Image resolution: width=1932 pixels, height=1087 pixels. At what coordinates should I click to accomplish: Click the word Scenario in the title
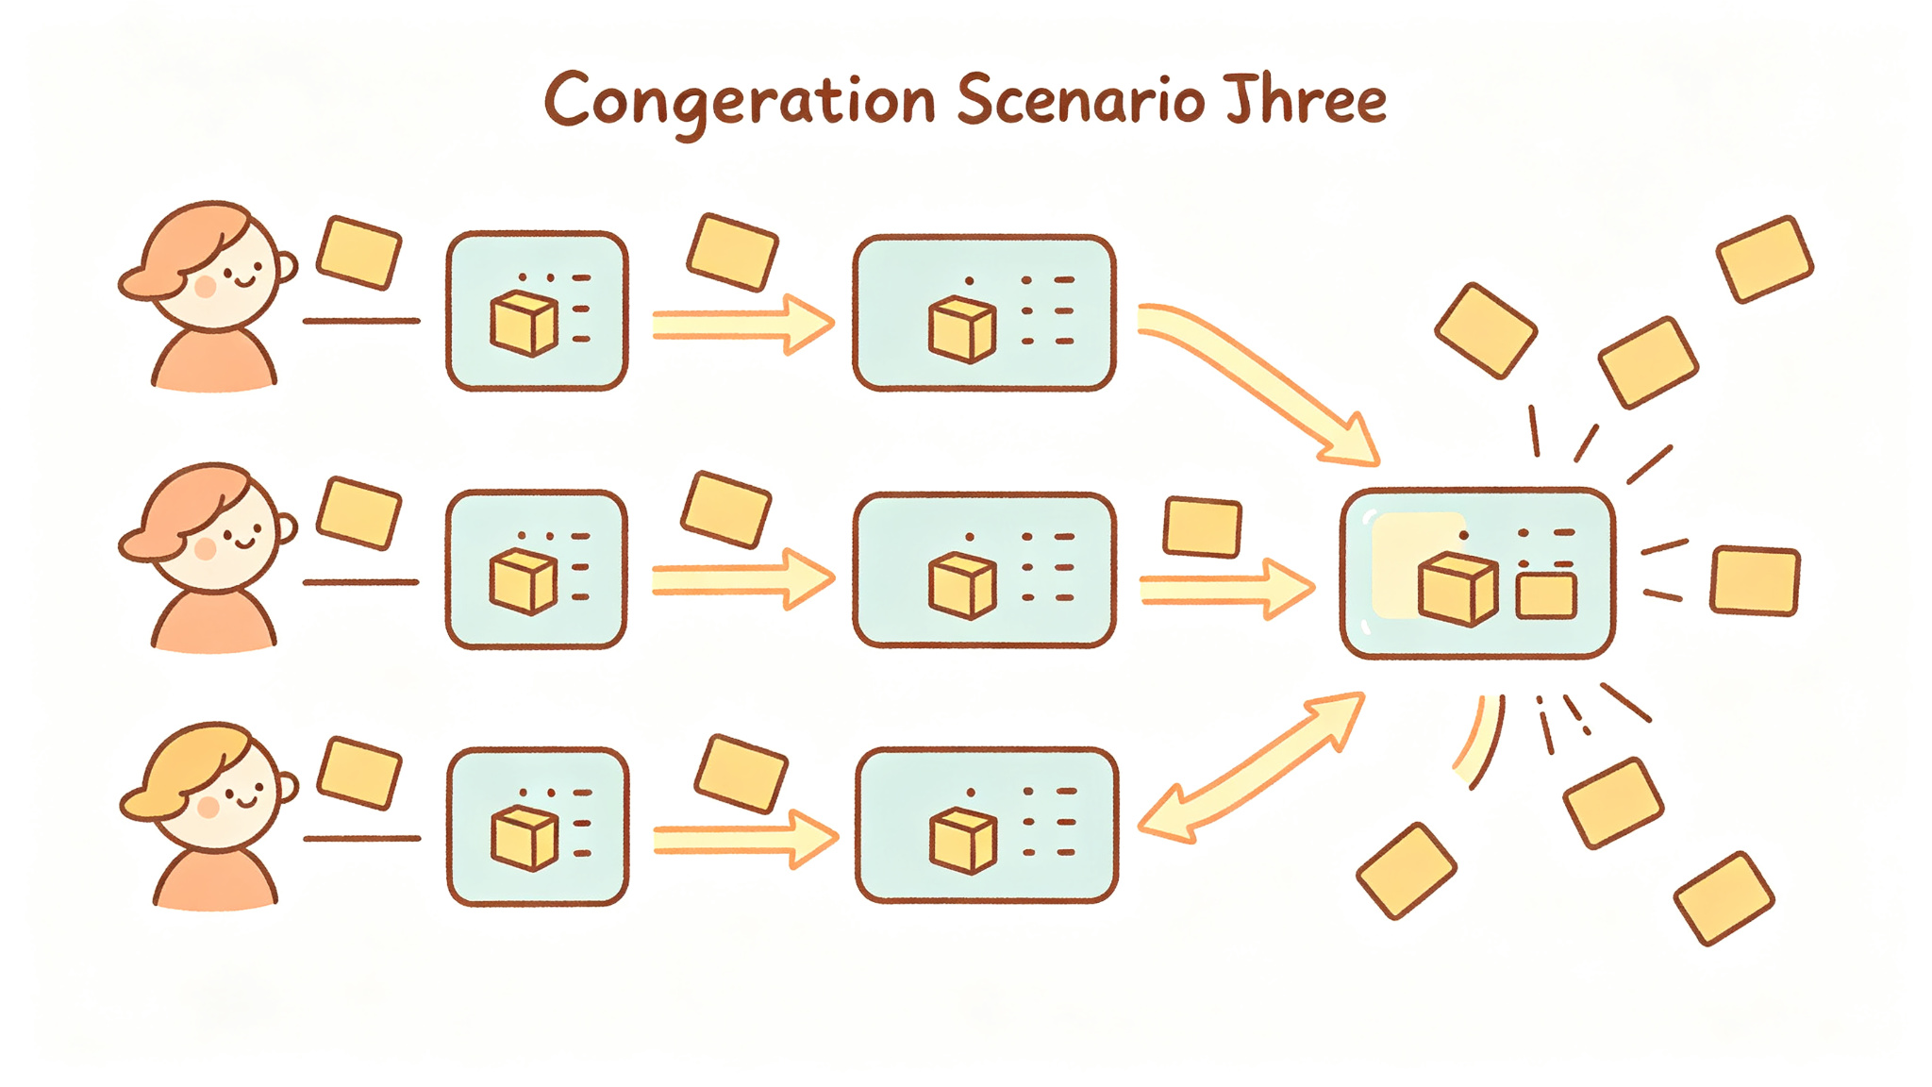[1081, 100]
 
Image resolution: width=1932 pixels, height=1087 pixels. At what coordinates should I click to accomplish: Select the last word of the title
[1307, 98]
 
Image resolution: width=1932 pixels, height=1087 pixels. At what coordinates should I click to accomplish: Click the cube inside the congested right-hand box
[1457, 590]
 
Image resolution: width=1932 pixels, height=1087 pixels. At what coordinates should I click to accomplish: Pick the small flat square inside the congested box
[1546, 596]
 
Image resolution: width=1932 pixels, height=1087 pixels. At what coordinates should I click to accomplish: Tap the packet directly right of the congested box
[1756, 580]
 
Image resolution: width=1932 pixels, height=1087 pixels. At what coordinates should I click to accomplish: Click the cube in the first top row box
[525, 324]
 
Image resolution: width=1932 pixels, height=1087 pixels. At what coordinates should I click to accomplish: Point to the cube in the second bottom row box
[963, 840]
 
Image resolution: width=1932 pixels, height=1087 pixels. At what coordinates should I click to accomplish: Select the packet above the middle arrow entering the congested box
[1203, 527]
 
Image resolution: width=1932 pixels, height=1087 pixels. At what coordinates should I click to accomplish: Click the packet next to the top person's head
[358, 252]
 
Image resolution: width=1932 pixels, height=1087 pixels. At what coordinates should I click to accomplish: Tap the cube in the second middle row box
[962, 586]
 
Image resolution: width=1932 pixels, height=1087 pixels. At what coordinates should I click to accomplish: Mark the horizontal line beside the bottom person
[362, 838]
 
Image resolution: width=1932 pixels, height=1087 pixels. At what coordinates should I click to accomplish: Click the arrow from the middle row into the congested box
[1227, 589]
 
